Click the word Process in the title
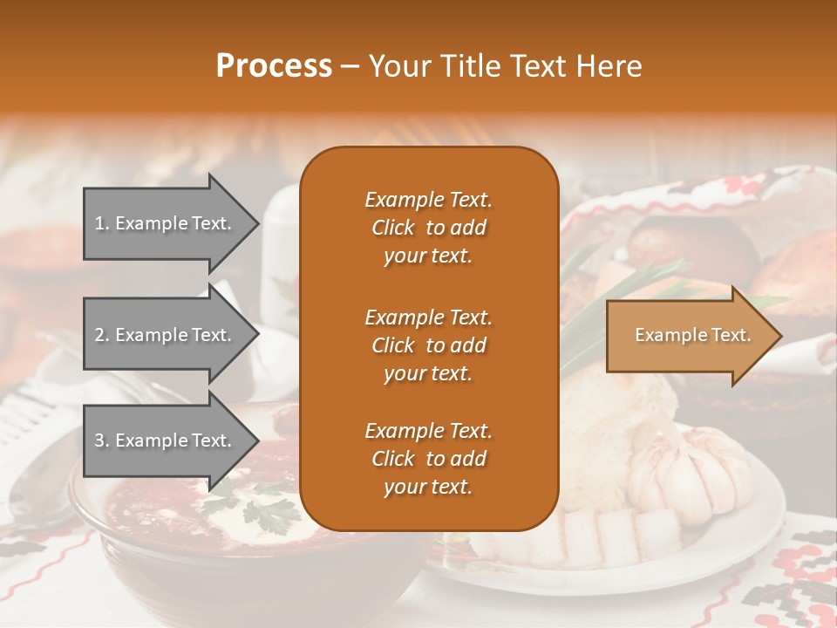(x=274, y=65)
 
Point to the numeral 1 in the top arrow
(x=99, y=223)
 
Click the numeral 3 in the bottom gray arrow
(x=99, y=440)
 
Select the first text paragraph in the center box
(x=428, y=228)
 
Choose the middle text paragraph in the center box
(x=428, y=345)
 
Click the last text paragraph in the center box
(x=428, y=459)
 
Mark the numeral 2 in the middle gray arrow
(x=99, y=335)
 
